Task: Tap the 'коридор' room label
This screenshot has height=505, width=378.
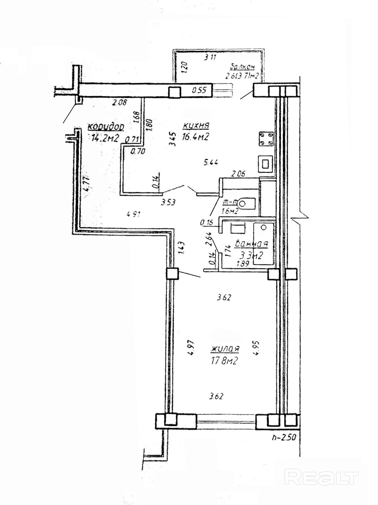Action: (x=106, y=127)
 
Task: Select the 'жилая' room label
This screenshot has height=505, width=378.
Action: (x=225, y=349)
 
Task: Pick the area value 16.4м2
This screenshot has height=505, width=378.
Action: (x=196, y=137)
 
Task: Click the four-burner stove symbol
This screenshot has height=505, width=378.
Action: (x=265, y=139)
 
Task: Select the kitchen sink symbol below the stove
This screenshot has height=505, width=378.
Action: (x=265, y=163)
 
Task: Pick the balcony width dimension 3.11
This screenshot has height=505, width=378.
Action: (x=210, y=57)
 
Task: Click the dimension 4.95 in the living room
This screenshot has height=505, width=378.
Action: (x=256, y=348)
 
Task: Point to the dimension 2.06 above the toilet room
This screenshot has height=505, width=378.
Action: (x=238, y=174)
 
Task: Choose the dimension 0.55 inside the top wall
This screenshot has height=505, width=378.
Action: (x=200, y=91)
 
